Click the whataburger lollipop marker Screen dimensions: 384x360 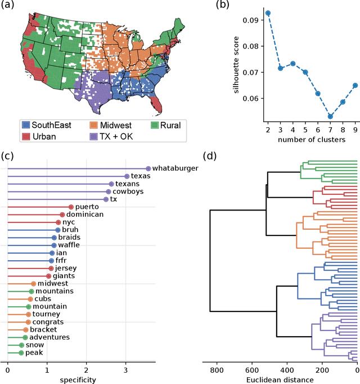[x=148, y=168]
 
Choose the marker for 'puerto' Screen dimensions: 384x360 [x=71, y=207]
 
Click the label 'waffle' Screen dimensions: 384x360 [x=70, y=245]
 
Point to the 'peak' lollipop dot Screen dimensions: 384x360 [x=21, y=353]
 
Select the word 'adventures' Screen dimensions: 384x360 [x=49, y=337]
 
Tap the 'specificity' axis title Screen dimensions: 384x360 [x=78, y=381]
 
